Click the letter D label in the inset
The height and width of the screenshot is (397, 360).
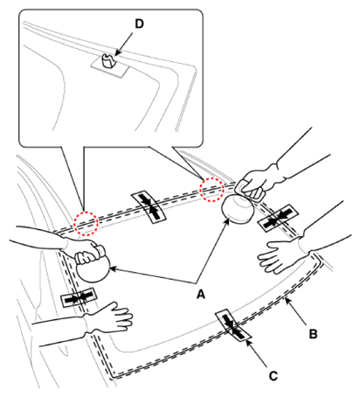tap(139, 24)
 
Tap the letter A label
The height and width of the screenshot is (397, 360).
tap(201, 295)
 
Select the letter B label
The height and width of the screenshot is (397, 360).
tap(313, 334)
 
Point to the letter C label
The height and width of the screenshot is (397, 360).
tap(273, 376)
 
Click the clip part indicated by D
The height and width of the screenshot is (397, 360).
tap(107, 60)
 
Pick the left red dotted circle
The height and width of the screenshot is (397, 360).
tap(85, 224)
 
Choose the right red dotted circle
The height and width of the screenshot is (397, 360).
tap(211, 190)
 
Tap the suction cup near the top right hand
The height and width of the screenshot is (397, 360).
tap(239, 209)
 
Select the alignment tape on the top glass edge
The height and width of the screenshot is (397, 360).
tap(149, 207)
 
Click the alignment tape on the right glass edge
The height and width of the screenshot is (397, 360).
tap(278, 218)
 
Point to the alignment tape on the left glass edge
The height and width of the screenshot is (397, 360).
tap(79, 297)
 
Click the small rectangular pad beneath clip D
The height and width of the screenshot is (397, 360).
tap(110, 67)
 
